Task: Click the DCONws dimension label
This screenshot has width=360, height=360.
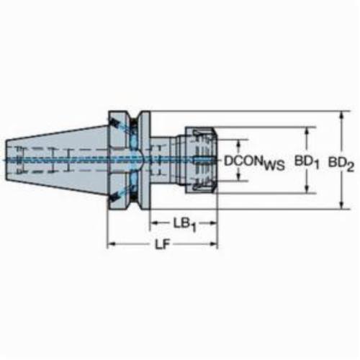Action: point(254,163)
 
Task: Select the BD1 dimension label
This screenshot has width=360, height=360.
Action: point(307,163)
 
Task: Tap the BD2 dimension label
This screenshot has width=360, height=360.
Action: point(341,164)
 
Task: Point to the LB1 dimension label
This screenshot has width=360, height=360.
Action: point(185,225)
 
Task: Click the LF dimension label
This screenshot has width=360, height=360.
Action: point(162,245)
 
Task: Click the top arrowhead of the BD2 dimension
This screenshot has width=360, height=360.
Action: point(341,116)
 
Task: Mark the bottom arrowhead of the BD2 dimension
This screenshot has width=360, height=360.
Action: point(341,205)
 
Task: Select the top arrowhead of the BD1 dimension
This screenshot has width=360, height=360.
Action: point(307,132)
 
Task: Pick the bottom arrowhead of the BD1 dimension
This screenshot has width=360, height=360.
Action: point(307,189)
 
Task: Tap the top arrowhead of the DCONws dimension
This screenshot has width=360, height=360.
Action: point(238,143)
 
